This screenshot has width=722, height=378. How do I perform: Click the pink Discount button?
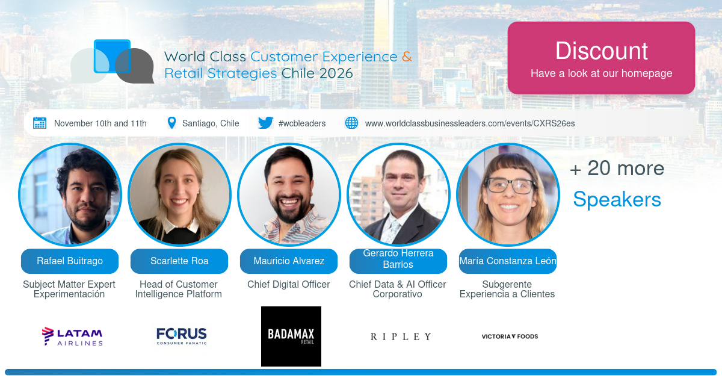tap(601, 58)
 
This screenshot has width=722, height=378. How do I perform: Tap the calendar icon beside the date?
tap(40, 123)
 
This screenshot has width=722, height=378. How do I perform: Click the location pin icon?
tap(172, 123)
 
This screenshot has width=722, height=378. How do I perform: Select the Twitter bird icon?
tap(265, 123)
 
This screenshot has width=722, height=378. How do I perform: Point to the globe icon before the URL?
tap(351, 123)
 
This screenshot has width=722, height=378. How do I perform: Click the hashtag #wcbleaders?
tap(302, 123)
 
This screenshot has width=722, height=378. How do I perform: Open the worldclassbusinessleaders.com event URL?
tap(470, 123)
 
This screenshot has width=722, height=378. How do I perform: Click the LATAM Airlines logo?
tap(72, 336)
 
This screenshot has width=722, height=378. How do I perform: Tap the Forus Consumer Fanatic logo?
tap(182, 336)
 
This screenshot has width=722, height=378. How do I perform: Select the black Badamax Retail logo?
tap(291, 336)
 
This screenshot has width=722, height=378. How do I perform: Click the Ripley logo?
tap(401, 336)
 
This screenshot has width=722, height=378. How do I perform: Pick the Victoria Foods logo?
tap(510, 336)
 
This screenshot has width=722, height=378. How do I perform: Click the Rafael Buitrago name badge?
tap(70, 261)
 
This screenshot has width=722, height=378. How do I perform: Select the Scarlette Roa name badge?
tap(179, 261)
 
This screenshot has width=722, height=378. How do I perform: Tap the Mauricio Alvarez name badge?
tap(289, 261)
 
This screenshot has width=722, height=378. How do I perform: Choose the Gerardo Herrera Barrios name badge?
tap(398, 261)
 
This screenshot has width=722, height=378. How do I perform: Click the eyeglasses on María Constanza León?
tap(510, 185)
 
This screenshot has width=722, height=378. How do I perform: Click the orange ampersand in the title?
tap(407, 57)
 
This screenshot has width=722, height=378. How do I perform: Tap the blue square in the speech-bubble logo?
tap(112, 56)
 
